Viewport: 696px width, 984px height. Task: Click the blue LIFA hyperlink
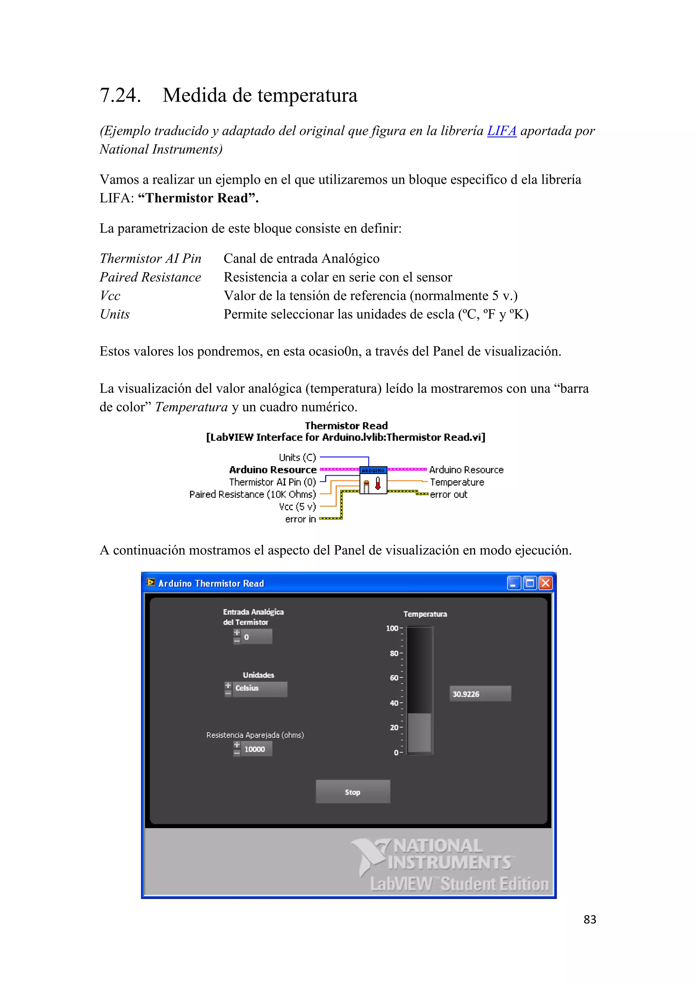[x=501, y=131]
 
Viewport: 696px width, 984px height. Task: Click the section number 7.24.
[x=120, y=95]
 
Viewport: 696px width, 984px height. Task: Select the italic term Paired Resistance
[x=150, y=277]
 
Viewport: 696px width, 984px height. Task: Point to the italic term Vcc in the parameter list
[x=110, y=296]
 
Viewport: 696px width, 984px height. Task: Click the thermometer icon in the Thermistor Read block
[x=378, y=484]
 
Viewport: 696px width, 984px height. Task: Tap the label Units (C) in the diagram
[x=297, y=457]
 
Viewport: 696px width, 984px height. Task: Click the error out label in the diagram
[x=448, y=495]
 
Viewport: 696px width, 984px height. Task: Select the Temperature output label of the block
[x=457, y=482]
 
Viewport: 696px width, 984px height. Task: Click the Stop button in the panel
[x=353, y=792]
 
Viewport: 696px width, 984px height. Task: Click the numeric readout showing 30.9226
[x=480, y=694]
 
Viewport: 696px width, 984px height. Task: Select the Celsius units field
[x=259, y=688]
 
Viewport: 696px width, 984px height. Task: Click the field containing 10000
[x=256, y=749]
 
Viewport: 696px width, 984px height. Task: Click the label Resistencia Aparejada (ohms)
[x=255, y=735]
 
